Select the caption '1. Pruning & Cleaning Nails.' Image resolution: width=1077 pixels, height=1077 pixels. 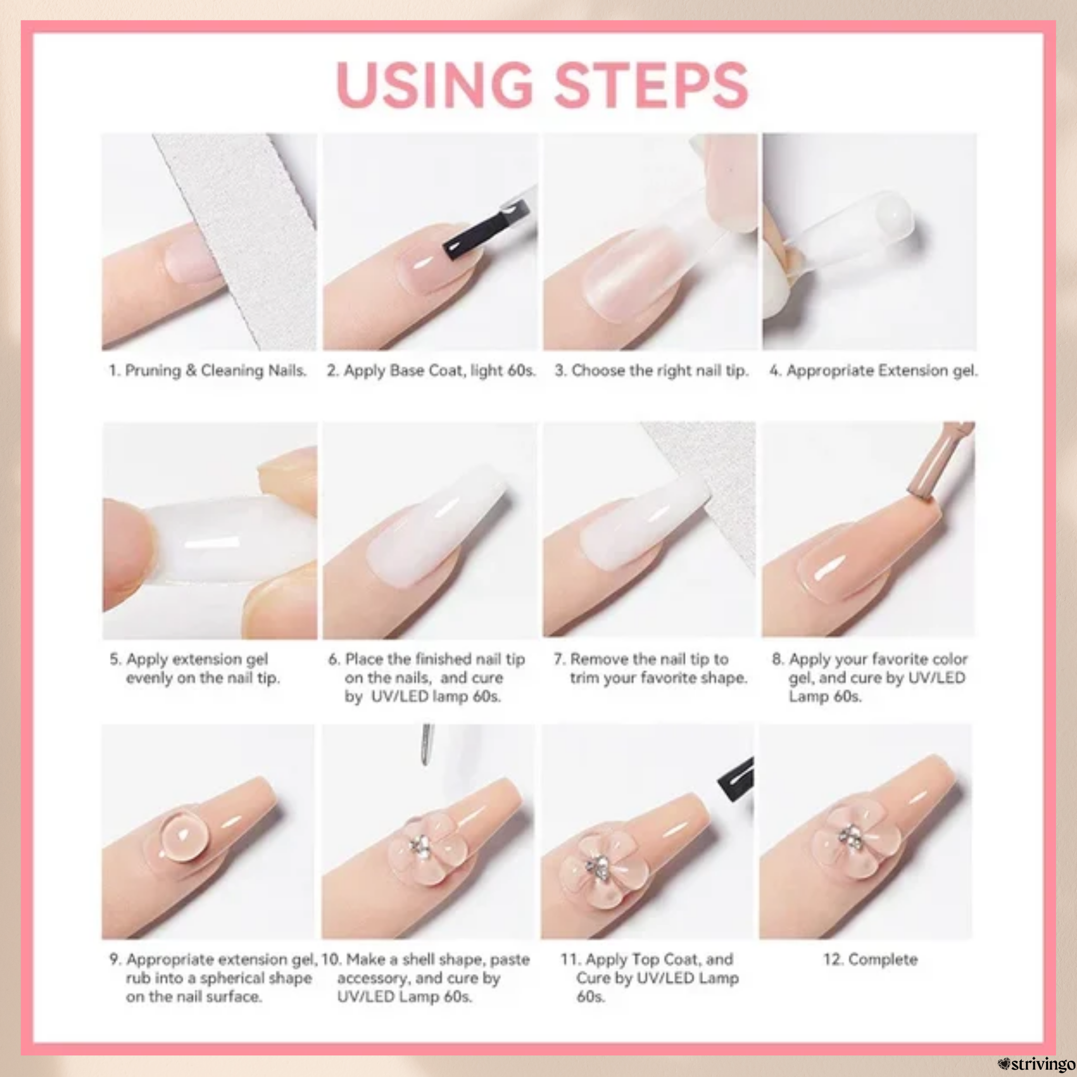tap(208, 371)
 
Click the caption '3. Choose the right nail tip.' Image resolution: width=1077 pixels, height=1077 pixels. tap(651, 371)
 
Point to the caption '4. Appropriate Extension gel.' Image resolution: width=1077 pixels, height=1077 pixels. tap(873, 371)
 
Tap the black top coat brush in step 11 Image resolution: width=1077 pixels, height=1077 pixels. tap(736, 779)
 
